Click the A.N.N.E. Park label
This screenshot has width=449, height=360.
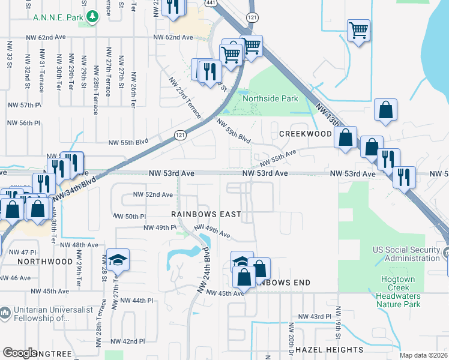[x=58, y=18]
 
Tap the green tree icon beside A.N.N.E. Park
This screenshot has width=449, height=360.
[x=91, y=17]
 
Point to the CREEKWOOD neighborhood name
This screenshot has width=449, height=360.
[x=305, y=133]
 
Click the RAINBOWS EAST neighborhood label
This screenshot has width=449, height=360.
[x=206, y=214]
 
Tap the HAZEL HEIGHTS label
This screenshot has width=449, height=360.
[x=330, y=349]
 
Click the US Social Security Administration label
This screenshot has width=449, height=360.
[x=406, y=254]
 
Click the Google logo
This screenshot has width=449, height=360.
[x=20, y=353]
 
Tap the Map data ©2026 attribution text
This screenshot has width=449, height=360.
[x=423, y=355]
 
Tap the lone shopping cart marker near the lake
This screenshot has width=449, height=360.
[x=358, y=30]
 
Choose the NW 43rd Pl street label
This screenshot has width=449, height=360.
[x=315, y=316]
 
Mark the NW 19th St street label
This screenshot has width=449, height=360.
[x=339, y=324]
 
